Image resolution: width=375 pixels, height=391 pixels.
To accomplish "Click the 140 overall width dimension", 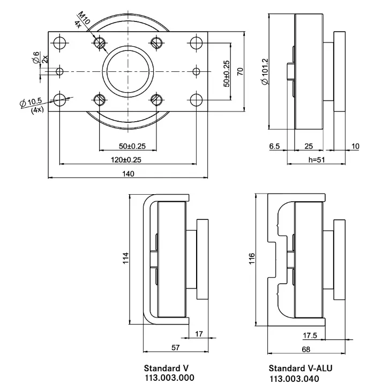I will (x=127, y=173).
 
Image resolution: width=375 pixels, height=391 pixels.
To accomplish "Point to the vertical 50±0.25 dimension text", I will (x=227, y=73).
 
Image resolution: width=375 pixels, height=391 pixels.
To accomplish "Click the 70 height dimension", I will (x=241, y=71).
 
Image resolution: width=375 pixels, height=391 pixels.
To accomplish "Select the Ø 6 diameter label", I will (x=35, y=57).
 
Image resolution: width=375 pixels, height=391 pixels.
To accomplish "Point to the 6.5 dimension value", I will (x=274, y=146).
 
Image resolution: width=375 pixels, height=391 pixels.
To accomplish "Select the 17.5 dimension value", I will (x=310, y=336).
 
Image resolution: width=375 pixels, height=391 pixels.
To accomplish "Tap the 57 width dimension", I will (x=175, y=348).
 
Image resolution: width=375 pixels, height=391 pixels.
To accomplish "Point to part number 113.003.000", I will (x=169, y=378).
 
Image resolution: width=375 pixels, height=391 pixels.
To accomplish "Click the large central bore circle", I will (x=127, y=71).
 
